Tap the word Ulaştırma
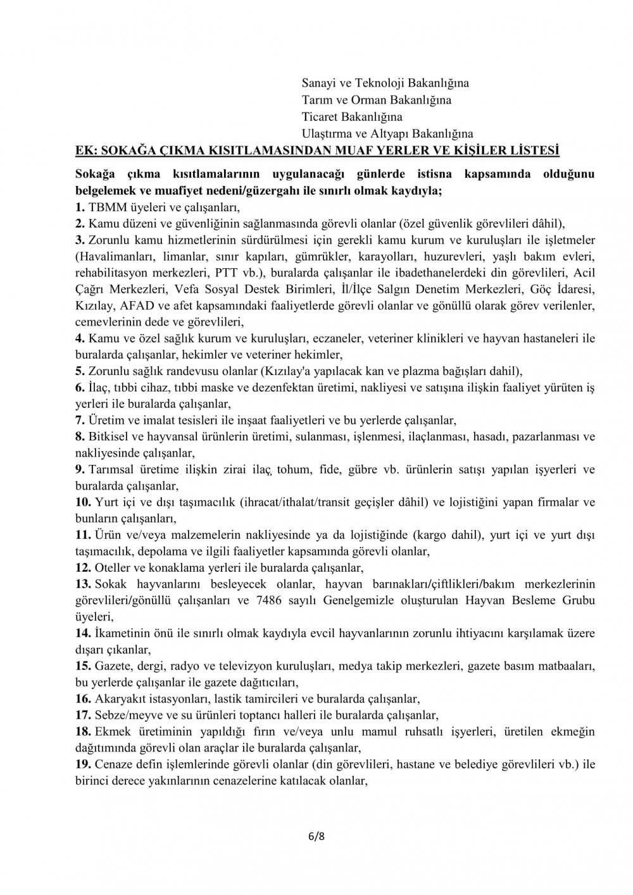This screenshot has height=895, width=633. [x=327, y=133]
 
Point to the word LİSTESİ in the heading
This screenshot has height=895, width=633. [x=532, y=151]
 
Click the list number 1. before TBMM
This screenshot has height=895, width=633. [x=79, y=207]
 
